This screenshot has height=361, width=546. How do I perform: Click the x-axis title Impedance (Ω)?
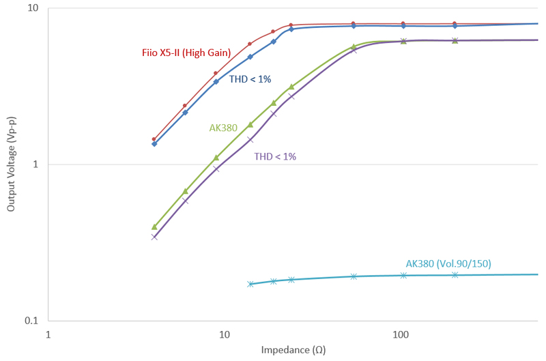(x=293, y=350)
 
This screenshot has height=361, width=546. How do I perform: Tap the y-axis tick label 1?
(x=35, y=164)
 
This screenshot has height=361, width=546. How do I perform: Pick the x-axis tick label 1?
(x=48, y=334)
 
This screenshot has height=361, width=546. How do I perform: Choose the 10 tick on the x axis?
(x=224, y=334)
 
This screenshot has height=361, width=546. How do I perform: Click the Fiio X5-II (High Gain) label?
(x=182, y=53)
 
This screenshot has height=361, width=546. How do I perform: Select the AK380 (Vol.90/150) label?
(x=448, y=263)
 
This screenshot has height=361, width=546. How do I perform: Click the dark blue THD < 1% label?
(x=250, y=79)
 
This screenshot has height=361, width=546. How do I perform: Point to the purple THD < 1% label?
(x=275, y=156)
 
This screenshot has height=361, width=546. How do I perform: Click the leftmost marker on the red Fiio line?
(x=154, y=139)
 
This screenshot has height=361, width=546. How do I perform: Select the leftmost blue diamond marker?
(x=154, y=144)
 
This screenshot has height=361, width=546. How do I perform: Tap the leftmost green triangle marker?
(x=154, y=227)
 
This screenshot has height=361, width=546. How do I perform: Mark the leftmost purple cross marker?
(x=154, y=237)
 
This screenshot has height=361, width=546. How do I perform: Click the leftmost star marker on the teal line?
(x=250, y=284)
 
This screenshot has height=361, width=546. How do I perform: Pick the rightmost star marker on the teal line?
(x=455, y=275)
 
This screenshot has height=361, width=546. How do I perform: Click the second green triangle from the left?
(x=185, y=191)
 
